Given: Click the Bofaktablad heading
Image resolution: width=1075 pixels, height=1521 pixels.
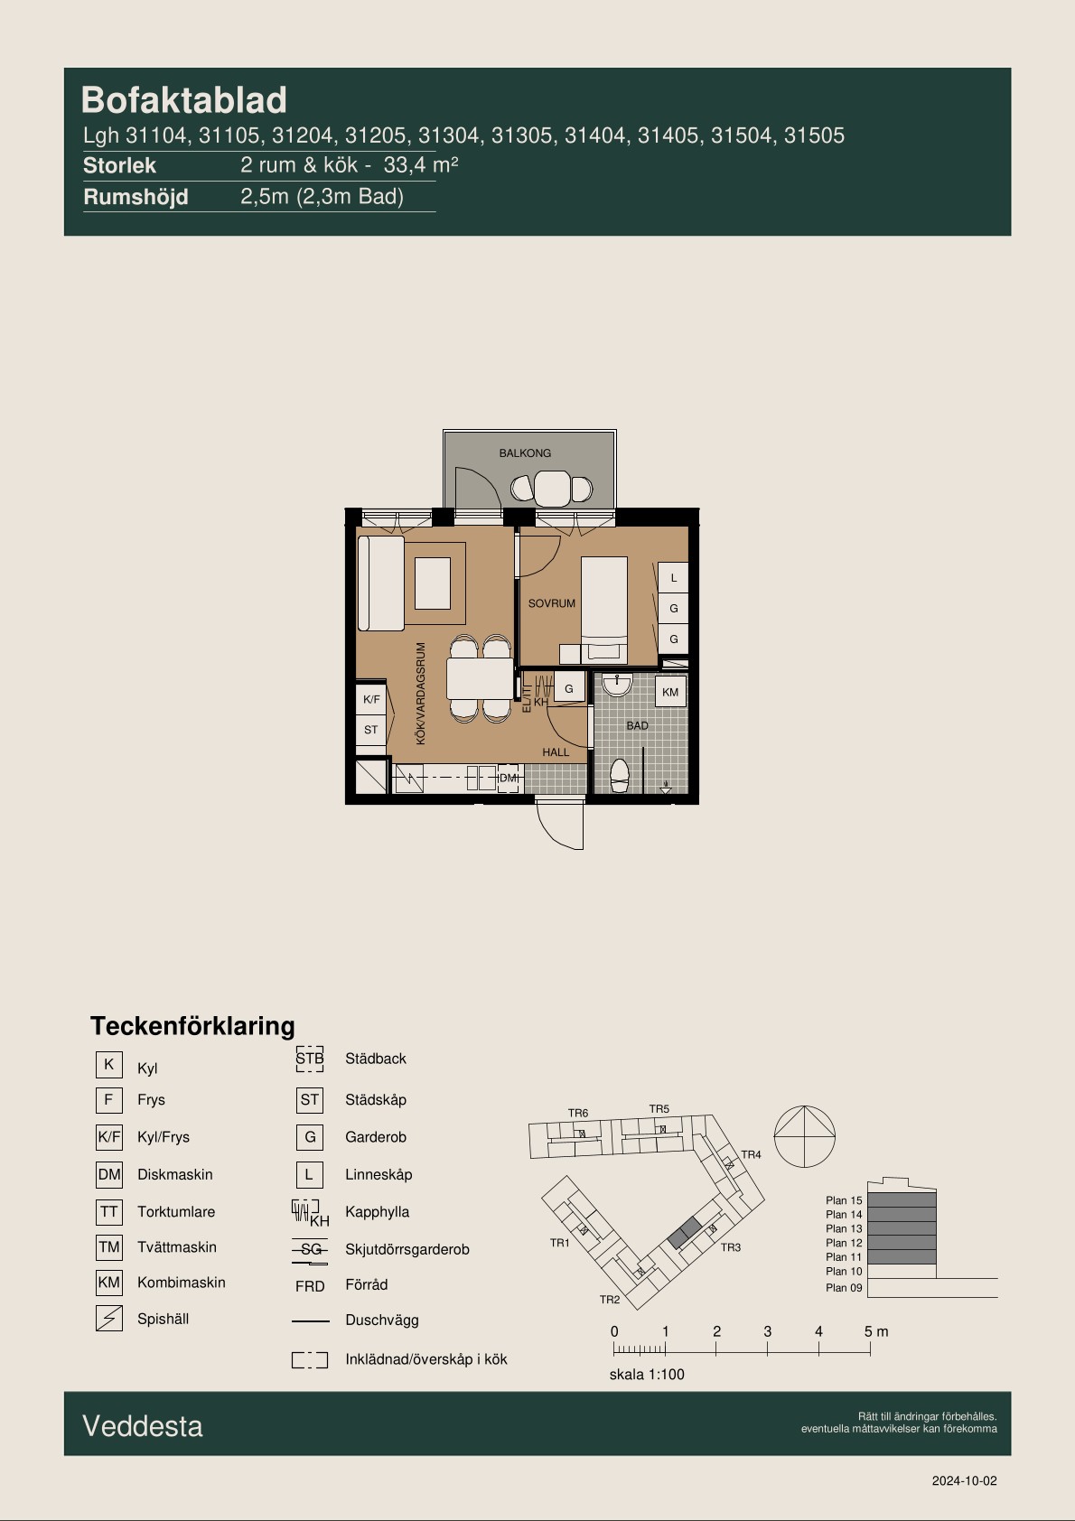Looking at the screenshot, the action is (183, 100).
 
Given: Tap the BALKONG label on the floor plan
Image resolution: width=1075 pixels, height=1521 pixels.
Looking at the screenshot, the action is (525, 453).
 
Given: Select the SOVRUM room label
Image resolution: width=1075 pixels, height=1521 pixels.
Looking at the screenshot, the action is (551, 603).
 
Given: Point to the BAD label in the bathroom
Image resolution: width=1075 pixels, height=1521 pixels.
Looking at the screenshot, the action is (637, 725).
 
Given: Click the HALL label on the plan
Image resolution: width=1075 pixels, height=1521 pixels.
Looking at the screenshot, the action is (556, 751).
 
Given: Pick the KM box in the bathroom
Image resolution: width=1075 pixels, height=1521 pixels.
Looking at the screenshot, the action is (670, 692).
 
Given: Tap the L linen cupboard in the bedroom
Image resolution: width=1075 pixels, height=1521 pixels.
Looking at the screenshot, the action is (673, 578).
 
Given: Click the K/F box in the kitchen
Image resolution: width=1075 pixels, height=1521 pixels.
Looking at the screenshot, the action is (370, 699).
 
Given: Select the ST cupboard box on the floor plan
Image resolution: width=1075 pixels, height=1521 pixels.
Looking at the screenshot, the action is (370, 730).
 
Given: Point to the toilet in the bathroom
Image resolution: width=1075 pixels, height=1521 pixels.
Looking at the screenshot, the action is (620, 776).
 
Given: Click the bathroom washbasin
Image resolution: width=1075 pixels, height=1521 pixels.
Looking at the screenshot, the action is (617, 685).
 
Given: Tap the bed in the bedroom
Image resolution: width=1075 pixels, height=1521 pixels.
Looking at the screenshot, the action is (603, 610).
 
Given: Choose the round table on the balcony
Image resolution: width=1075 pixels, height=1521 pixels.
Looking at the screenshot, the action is (552, 489).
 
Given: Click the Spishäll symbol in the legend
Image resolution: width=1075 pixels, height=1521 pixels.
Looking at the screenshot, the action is (108, 1318).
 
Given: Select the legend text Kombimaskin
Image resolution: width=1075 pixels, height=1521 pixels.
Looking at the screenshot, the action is (182, 1283).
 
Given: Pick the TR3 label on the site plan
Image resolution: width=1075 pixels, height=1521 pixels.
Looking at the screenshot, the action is (731, 1247).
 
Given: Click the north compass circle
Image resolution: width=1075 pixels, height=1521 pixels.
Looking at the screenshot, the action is (805, 1136).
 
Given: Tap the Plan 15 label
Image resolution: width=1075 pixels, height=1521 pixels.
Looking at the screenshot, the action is (844, 1200).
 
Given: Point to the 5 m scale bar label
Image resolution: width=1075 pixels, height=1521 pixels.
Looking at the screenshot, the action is (876, 1331).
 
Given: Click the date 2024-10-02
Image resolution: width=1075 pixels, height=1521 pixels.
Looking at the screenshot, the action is (964, 1481).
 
